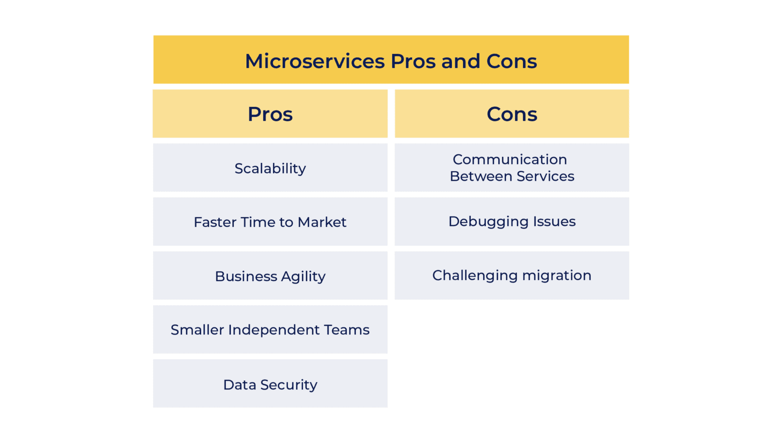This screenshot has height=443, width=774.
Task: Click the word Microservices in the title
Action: [315, 62]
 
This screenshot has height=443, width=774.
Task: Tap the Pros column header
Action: [270, 114]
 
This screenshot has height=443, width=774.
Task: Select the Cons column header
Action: [512, 114]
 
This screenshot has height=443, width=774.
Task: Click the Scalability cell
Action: [270, 168]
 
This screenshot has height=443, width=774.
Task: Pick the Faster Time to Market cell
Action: [270, 222]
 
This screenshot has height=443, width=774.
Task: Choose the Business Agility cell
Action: [270, 276]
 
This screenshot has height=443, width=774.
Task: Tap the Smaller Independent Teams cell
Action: [270, 330]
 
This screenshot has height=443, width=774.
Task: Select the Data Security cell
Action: [270, 384]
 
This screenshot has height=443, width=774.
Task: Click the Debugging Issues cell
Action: [512, 221]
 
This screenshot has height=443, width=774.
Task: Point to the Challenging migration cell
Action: [512, 275]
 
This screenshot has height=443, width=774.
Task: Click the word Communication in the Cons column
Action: [510, 159]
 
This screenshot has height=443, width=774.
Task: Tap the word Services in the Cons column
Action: [545, 176]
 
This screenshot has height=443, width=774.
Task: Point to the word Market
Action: [322, 222]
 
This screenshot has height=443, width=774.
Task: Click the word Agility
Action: [303, 276]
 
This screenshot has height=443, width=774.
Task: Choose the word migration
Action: [557, 275]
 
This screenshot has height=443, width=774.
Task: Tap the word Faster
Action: [215, 222]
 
